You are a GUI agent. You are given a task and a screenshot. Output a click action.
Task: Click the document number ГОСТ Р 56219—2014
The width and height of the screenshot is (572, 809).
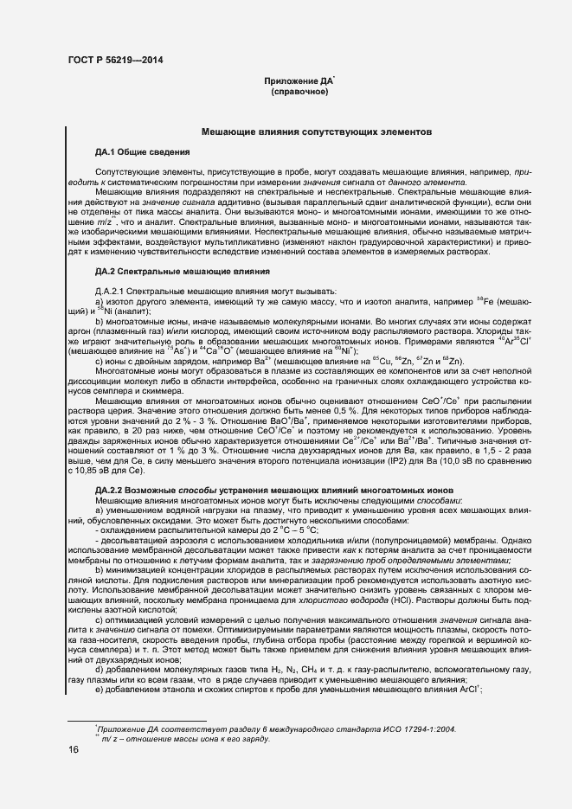click(x=114, y=60)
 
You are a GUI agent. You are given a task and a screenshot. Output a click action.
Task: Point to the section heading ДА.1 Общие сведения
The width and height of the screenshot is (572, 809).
click(x=131, y=151)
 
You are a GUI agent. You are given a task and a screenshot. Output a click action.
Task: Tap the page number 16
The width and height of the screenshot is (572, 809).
click(x=74, y=750)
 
